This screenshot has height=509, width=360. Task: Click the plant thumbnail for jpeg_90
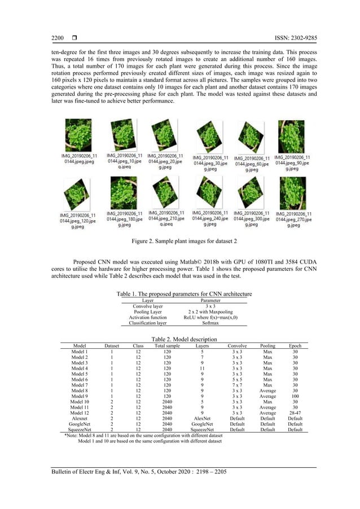(x=291, y=135)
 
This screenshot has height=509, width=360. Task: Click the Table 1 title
(x=183, y=294)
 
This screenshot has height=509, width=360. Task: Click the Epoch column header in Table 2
(x=295, y=344)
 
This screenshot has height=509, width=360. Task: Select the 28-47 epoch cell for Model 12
(x=295, y=417)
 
